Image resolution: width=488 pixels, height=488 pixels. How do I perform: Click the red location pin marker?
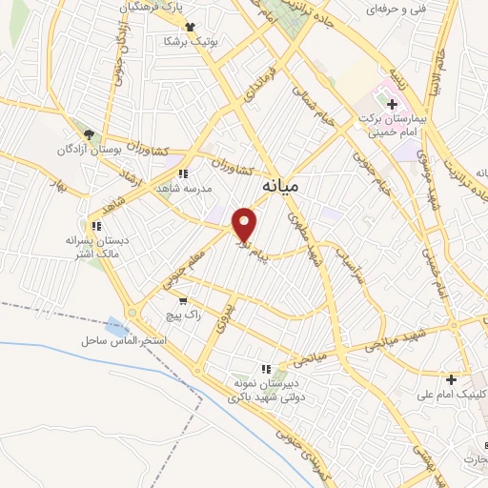[246, 224]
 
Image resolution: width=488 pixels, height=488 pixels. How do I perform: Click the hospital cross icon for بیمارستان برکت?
[392, 103]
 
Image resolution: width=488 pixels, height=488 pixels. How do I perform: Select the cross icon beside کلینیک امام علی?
[451, 379]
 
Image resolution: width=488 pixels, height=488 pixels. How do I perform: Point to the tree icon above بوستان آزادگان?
[90, 135]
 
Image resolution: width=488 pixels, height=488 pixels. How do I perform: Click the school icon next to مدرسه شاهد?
[182, 174]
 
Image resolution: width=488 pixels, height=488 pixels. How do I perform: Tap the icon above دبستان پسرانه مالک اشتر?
[95, 226]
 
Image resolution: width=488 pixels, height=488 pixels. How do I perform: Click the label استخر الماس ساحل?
[124, 340]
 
